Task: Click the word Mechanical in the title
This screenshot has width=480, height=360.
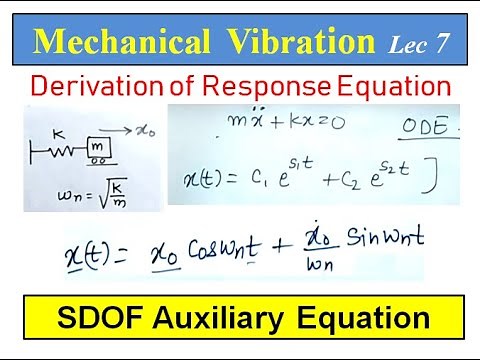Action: (117, 43)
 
